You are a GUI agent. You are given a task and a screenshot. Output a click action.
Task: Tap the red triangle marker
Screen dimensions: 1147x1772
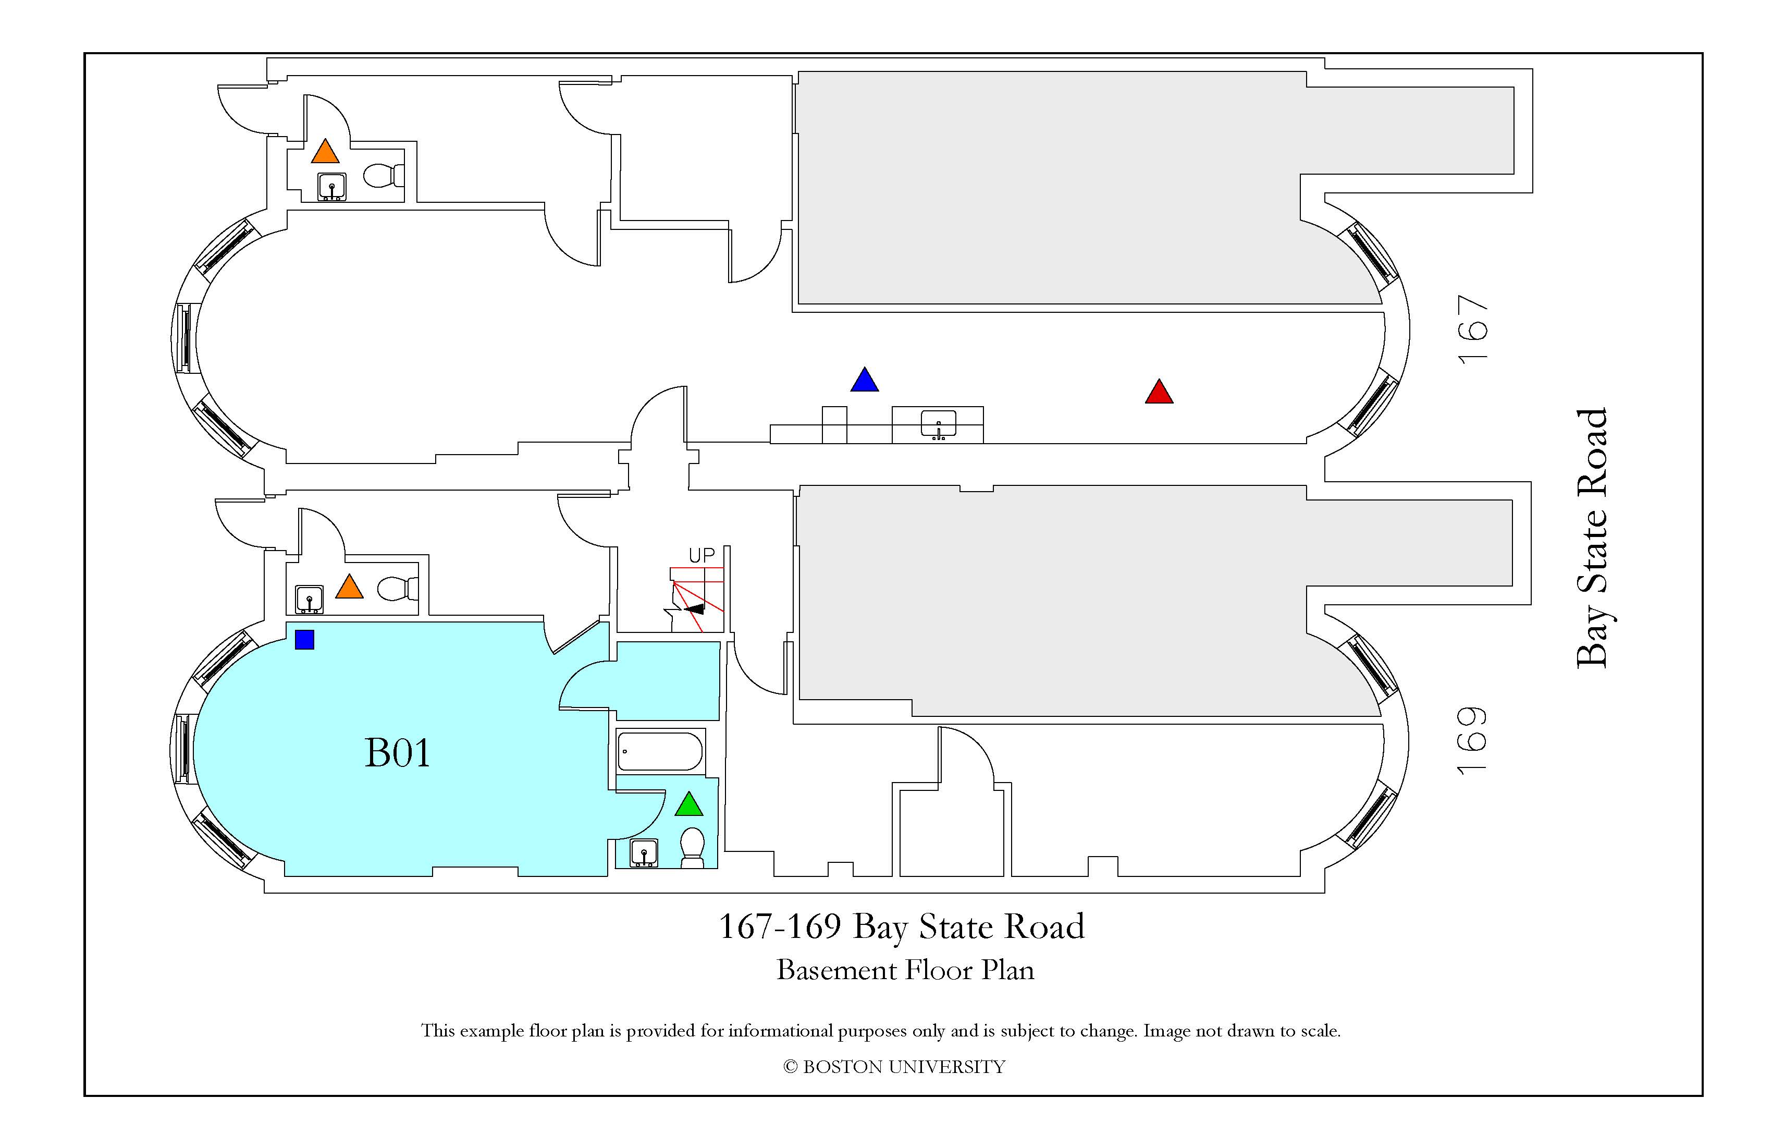pyautogui.click(x=1159, y=393)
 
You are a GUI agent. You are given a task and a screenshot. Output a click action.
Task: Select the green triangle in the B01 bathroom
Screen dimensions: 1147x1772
pyautogui.click(x=688, y=805)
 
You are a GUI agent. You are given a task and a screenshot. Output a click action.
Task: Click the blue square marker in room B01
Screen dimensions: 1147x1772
pyautogui.click(x=304, y=640)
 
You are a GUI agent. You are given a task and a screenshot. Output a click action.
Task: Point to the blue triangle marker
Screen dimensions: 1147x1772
pyautogui.click(x=865, y=381)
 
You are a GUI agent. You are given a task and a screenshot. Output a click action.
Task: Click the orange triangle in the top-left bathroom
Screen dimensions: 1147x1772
pyautogui.click(x=325, y=152)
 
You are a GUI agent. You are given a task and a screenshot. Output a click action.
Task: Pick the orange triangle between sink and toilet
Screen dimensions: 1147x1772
pyautogui.click(x=349, y=588)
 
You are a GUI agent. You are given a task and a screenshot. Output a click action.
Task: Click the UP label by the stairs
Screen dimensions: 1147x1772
pyautogui.click(x=702, y=555)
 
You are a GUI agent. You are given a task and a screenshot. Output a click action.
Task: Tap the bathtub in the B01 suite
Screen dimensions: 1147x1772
pyautogui.click(x=660, y=751)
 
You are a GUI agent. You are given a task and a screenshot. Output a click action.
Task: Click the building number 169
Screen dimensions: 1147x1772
pyautogui.click(x=1473, y=741)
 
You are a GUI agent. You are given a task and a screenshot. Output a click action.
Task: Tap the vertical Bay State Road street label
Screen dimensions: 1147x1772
pyautogui.click(x=1593, y=538)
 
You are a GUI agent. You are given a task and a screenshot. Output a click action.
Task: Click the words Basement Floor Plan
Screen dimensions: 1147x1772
pyautogui.click(x=905, y=970)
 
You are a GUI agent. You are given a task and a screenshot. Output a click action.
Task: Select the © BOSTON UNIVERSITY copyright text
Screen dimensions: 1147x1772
pyautogui.click(x=894, y=1067)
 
